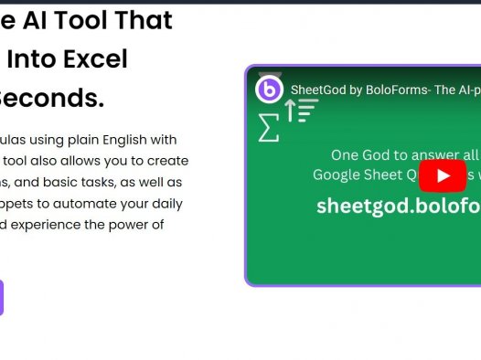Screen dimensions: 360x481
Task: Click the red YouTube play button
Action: click(444, 175)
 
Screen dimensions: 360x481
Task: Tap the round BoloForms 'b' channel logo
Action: click(269, 90)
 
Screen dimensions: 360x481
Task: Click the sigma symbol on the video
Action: click(268, 128)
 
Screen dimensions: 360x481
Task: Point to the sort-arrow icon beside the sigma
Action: click(299, 111)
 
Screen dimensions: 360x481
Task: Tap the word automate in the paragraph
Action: click(84, 203)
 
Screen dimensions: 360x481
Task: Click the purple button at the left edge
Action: click(1, 298)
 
